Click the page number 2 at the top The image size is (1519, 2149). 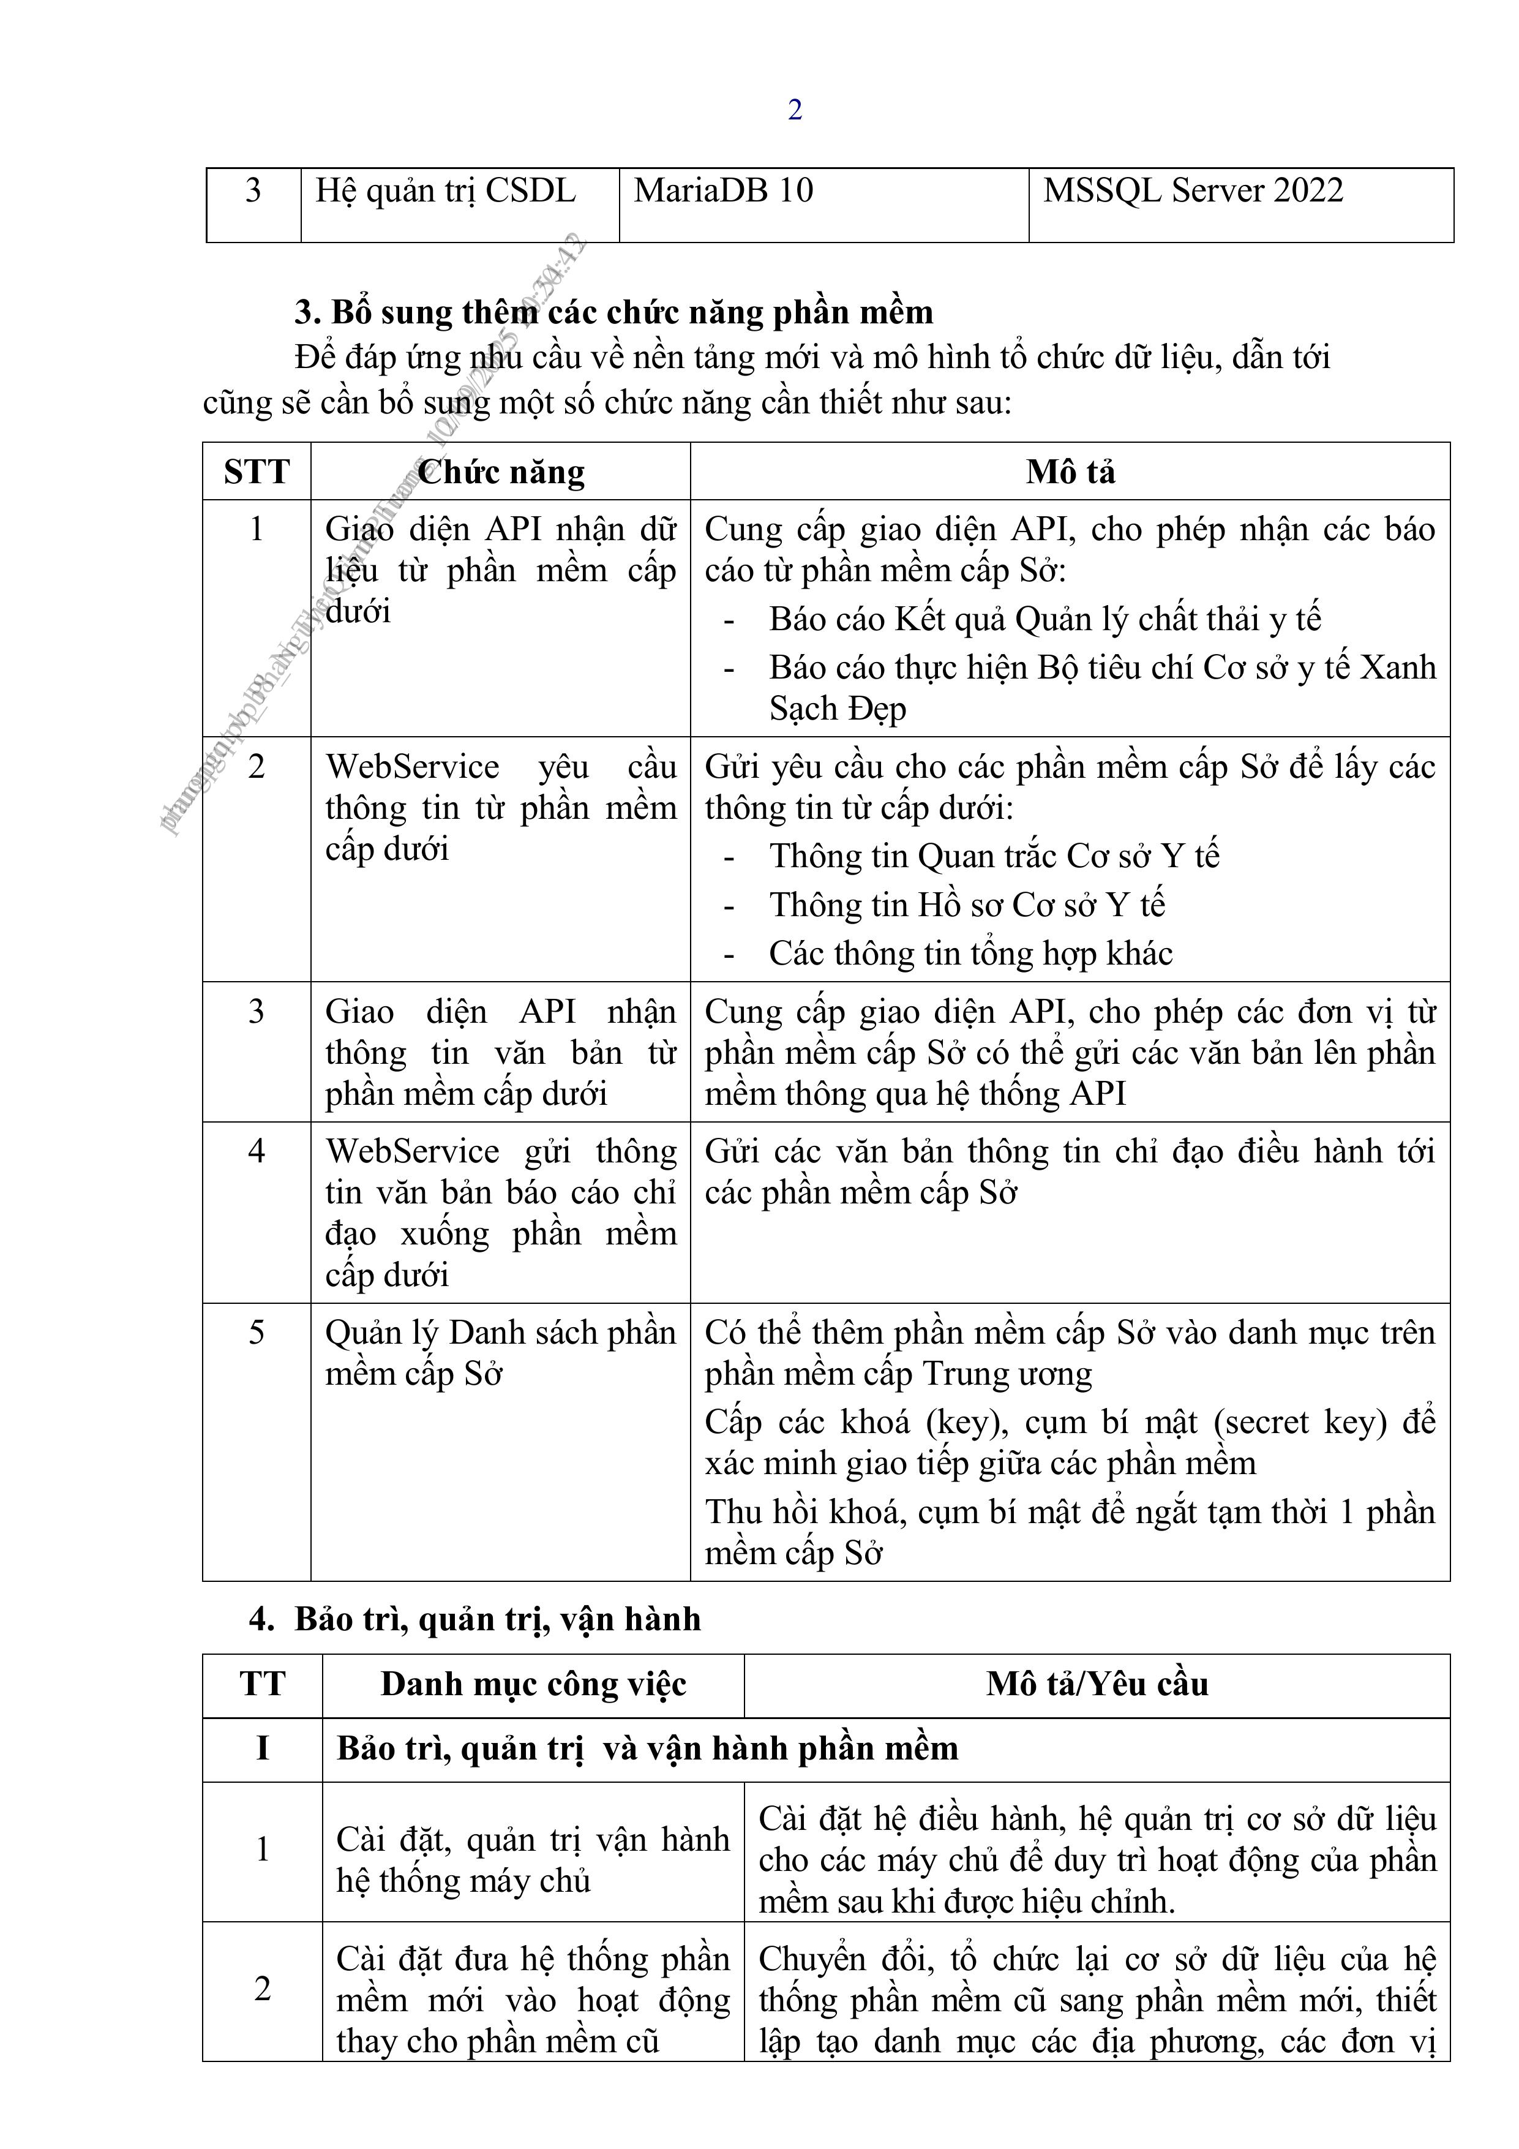(795, 110)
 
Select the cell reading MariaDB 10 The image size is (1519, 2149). (724, 191)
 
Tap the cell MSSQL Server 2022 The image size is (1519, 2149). (1193, 191)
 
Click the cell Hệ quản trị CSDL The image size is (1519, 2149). (446, 191)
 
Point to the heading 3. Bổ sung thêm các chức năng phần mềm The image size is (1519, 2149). (614, 312)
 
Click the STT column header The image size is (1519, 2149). (257, 472)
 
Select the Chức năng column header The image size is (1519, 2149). (501, 472)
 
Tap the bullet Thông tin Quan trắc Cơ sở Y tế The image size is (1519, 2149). (994, 856)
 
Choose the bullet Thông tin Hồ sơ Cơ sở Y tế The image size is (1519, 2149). (967, 904)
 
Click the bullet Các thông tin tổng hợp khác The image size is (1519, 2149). (970, 953)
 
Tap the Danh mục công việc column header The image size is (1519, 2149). (533, 1684)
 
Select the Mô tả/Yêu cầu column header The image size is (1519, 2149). (1097, 1684)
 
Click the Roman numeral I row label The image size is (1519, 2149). (262, 1747)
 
